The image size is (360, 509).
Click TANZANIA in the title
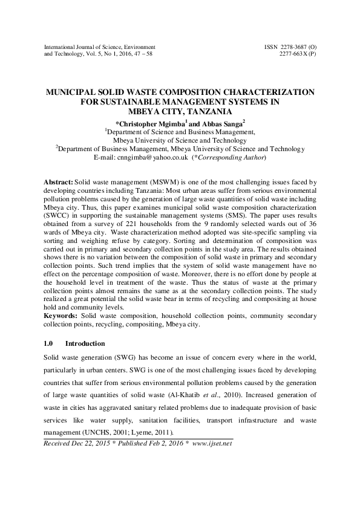tap(209, 111)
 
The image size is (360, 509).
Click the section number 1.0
tap(50, 343)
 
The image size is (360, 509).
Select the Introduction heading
tap(85, 343)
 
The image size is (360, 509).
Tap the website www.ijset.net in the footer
tap(212, 443)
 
